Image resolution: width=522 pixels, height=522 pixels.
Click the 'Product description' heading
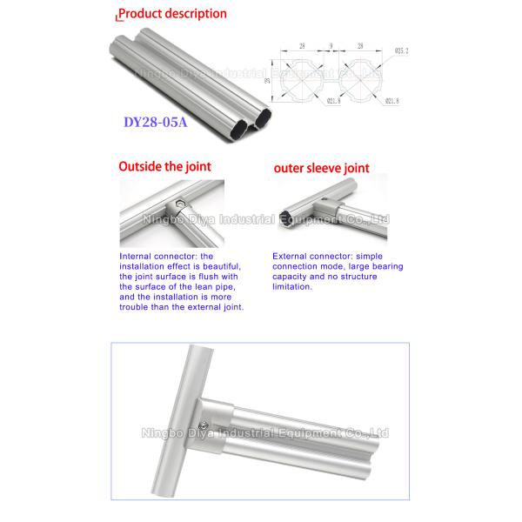click(x=171, y=14)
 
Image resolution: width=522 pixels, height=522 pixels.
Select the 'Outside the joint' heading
click(x=164, y=165)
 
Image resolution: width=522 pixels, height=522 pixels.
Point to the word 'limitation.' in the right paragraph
click(x=291, y=286)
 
